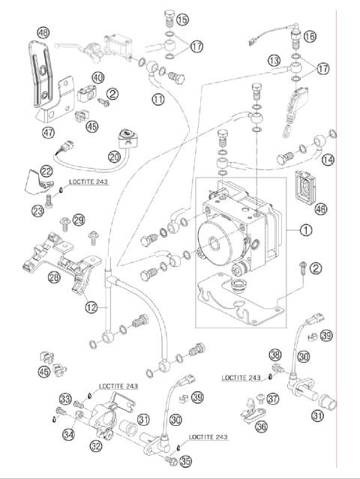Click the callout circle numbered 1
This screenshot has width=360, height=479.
(x=305, y=230)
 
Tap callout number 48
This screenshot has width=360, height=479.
(x=43, y=32)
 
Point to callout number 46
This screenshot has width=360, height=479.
(x=320, y=209)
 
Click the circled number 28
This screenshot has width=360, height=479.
(x=54, y=277)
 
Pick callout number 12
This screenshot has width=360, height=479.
(x=91, y=307)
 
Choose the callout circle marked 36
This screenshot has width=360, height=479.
(x=261, y=427)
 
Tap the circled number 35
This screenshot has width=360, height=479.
(x=185, y=461)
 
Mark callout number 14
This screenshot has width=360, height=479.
(x=328, y=160)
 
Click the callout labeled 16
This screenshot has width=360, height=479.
(x=310, y=36)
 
